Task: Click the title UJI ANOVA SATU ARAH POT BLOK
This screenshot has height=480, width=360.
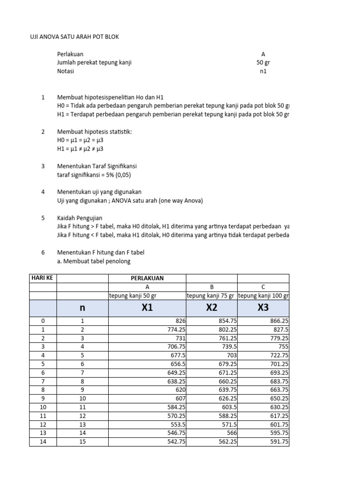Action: pos(75,37)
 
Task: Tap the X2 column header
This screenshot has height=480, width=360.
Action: pos(212,307)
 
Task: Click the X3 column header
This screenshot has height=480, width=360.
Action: pos(263,307)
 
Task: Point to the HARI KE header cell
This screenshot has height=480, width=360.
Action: pos(43,278)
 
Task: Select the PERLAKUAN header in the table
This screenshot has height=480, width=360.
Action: pos(147,278)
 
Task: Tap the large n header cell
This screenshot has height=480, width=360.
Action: pos(82,307)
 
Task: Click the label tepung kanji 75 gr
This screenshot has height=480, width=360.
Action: pos(212,295)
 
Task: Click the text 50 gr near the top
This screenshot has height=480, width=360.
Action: pos(263,63)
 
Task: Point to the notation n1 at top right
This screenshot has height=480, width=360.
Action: pos(263,71)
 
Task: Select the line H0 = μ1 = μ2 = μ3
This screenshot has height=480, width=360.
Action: pos(80,140)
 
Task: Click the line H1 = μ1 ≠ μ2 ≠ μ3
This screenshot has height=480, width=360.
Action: pos(80,149)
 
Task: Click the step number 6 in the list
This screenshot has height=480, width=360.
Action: pos(43,252)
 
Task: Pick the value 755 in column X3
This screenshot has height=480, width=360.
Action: pos(283,346)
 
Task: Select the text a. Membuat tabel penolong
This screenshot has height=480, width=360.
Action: pos(94,261)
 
